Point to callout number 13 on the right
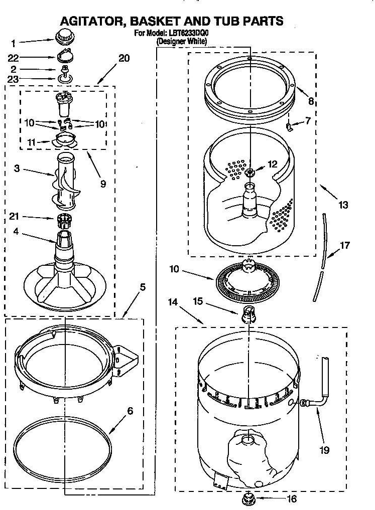(x=343, y=205)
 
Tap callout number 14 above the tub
(x=173, y=302)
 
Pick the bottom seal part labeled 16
(x=247, y=498)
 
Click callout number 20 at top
(x=123, y=58)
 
